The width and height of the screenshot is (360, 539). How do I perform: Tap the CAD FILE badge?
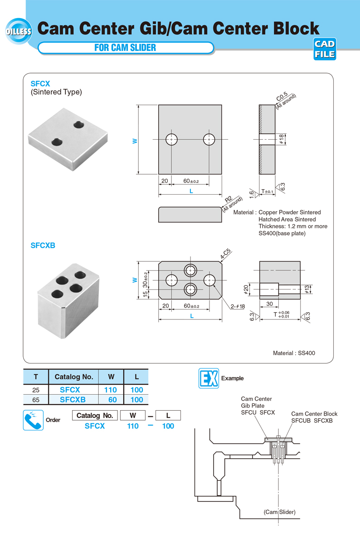click(x=325, y=49)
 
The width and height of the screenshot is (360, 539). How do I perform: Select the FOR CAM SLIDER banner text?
click(x=125, y=48)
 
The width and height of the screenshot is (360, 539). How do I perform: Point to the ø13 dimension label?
click(x=307, y=289)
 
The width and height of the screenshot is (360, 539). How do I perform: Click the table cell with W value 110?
click(x=111, y=389)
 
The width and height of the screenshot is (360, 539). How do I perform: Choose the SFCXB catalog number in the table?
click(x=73, y=400)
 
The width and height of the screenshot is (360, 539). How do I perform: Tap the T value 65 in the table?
click(x=35, y=400)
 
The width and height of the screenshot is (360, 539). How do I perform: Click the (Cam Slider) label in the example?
click(x=279, y=512)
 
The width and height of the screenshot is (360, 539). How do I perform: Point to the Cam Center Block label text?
click(x=314, y=414)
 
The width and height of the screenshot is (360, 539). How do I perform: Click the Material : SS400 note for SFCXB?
click(x=294, y=353)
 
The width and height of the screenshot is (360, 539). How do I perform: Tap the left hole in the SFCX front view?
click(x=172, y=139)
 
